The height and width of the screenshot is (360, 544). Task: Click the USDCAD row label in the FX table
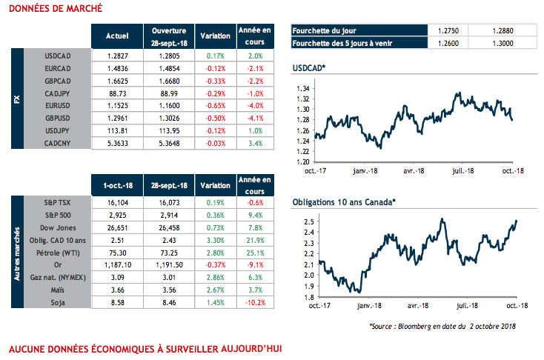pyautogui.click(x=57, y=56)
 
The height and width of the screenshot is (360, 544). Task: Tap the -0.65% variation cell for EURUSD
pyautogui.click(x=214, y=106)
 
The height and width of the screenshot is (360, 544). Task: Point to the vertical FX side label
pyautogui.click(x=17, y=99)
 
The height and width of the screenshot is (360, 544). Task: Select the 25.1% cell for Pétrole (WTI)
pyautogui.click(x=255, y=253)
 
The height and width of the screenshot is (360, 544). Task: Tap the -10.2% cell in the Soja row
pyautogui.click(x=254, y=303)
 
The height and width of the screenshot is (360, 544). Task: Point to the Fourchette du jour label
pyautogui.click(x=324, y=31)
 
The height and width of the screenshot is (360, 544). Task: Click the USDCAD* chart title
pyautogui.click(x=310, y=68)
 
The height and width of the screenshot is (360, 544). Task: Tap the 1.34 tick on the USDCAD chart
pyautogui.click(x=302, y=88)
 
